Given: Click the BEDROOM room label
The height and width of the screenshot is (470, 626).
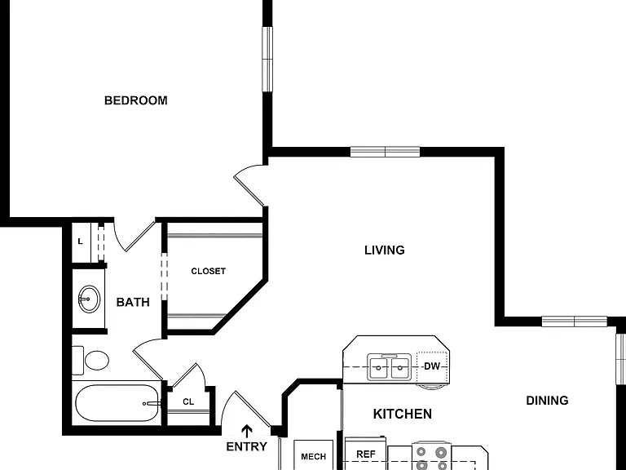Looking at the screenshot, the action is pyautogui.click(x=136, y=100).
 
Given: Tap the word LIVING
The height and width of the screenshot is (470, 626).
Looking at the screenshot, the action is pyautogui.click(x=385, y=251).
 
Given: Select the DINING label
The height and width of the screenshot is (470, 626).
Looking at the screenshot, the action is pyautogui.click(x=547, y=401).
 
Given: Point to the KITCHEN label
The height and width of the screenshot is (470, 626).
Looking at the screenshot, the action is pyautogui.click(x=403, y=414).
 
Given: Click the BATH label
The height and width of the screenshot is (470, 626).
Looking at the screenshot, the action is pyautogui.click(x=133, y=302).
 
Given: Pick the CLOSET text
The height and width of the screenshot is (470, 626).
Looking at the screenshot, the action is pyautogui.click(x=209, y=272).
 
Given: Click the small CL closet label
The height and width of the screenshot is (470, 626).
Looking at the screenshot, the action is pyautogui.click(x=188, y=402).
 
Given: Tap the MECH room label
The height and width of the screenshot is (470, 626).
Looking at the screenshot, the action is pyautogui.click(x=313, y=456).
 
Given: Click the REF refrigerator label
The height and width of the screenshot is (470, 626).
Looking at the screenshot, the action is pyautogui.click(x=366, y=454).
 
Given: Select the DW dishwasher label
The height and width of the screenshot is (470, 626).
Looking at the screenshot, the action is pyautogui.click(x=431, y=366).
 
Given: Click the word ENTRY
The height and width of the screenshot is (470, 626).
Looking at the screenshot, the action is pyautogui.click(x=247, y=446).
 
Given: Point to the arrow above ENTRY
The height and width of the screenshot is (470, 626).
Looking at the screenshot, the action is pyautogui.click(x=248, y=432).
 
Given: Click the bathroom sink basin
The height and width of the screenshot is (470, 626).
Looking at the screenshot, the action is pyautogui.click(x=89, y=299).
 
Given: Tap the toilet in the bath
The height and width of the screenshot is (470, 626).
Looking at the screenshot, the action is pyautogui.click(x=90, y=361).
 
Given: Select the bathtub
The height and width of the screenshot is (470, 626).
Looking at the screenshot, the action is pyautogui.click(x=117, y=403).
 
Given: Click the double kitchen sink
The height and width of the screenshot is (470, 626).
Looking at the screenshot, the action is pyautogui.click(x=389, y=367).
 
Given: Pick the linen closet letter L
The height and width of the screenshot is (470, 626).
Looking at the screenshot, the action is pyautogui.click(x=80, y=242).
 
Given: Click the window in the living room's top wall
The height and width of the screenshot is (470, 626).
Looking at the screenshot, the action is pyautogui.click(x=385, y=152).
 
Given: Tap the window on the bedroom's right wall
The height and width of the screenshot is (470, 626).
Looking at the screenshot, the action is pyautogui.click(x=267, y=59).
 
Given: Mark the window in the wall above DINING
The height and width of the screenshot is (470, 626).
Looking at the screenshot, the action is pyautogui.click(x=574, y=321).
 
